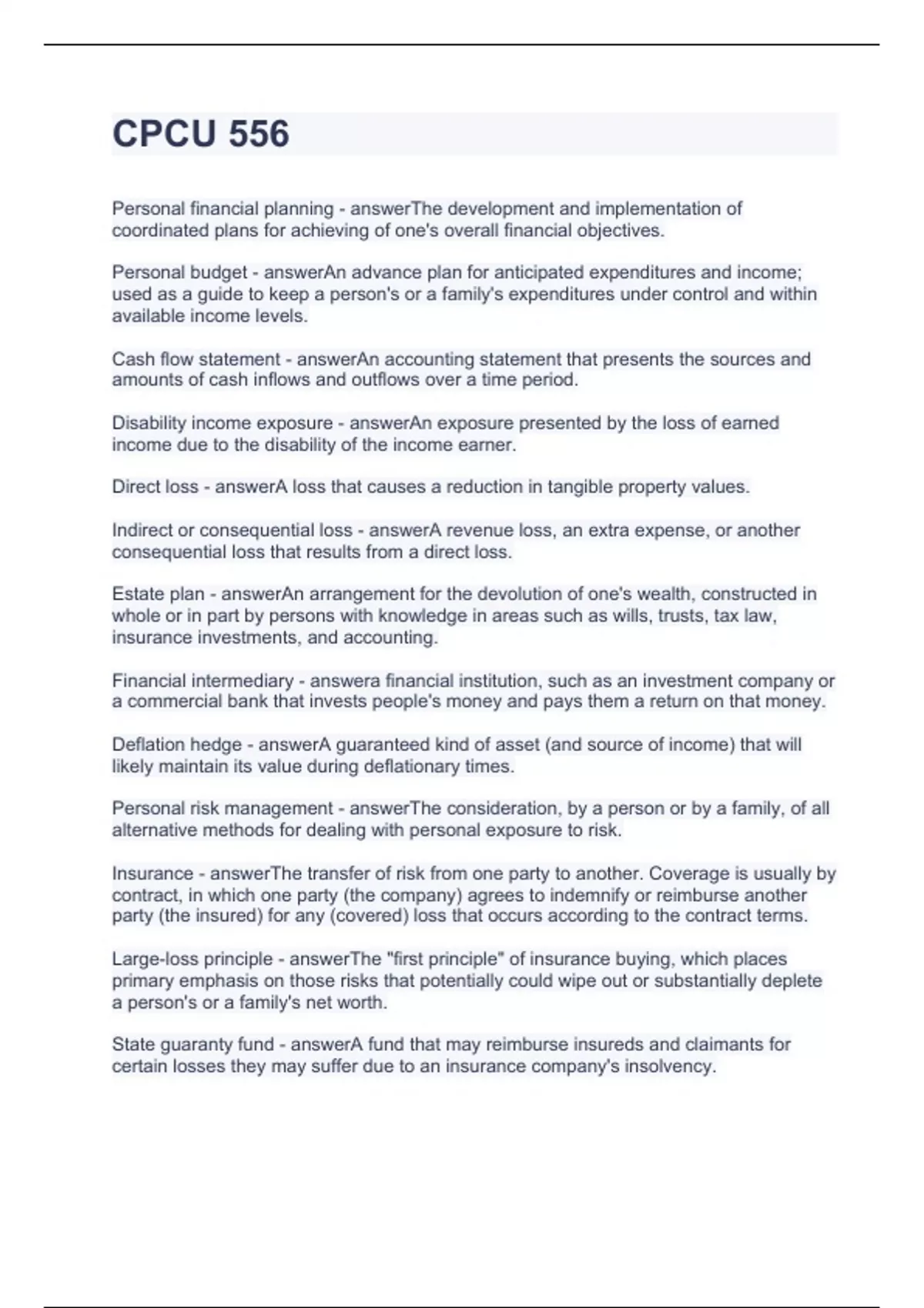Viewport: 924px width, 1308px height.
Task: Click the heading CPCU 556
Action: [200, 133]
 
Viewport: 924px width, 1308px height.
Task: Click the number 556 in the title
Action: [259, 133]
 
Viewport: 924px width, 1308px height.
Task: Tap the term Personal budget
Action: [179, 272]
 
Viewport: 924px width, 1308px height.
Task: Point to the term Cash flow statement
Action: [196, 359]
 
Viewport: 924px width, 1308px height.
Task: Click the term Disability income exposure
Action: [223, 423]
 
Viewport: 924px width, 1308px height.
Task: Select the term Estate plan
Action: [158, 594]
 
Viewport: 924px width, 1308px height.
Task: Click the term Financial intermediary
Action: [203, 681]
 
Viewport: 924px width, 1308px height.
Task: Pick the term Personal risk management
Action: [223, 809]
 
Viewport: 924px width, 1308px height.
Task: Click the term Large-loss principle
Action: [192, 959]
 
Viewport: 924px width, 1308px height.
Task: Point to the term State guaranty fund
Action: [192, 1045]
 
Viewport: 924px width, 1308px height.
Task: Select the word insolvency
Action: [669, 1066]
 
